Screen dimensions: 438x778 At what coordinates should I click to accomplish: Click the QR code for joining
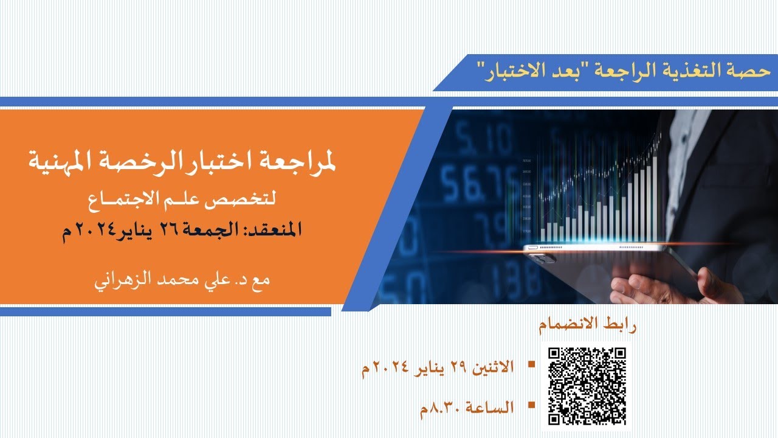point(587,386)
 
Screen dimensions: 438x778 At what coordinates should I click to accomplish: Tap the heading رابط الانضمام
point(587,325)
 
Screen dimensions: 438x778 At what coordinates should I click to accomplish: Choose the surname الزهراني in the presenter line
point(119,282)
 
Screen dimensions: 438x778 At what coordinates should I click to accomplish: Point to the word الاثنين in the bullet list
point(491,367)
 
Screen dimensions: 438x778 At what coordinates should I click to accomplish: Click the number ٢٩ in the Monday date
point(456,367)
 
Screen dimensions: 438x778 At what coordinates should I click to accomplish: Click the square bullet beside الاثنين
point(531,364)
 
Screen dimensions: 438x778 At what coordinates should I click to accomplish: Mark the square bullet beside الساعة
point(531,404)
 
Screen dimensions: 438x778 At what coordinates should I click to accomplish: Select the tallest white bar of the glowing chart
point(655,195)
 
